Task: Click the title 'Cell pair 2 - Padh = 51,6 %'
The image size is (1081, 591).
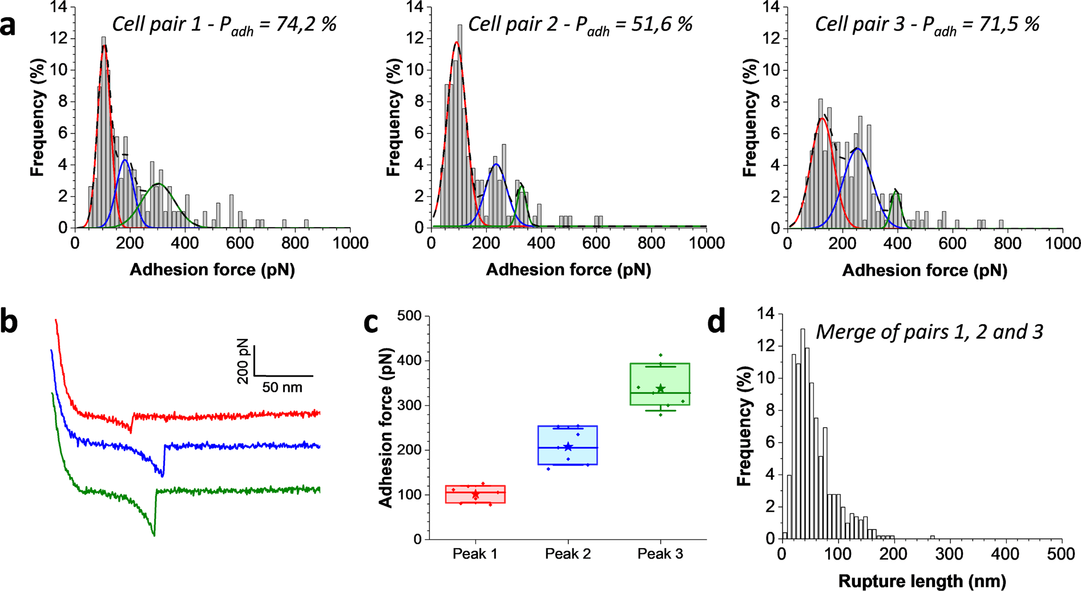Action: [580, 25]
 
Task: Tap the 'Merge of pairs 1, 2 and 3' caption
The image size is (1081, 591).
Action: [929, 331]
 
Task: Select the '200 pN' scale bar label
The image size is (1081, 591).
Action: [243, 361]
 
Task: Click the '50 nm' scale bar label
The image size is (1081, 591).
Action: [282, 388]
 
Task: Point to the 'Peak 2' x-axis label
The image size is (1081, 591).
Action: [567, 554]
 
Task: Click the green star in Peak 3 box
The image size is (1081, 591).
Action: [660, 388]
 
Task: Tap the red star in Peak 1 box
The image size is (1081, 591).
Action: [475, 494]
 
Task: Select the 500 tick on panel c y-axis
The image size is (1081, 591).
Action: [409, 316]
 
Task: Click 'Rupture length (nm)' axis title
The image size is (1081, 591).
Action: [922, 581]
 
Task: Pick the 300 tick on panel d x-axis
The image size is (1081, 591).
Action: [950, 554]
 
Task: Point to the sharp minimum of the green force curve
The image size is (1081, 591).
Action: [154, 535]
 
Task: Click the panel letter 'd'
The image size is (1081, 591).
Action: [716, 322]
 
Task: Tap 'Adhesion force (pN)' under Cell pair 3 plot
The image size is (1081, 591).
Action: [925, 270]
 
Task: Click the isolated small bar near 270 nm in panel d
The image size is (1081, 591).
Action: [932, 537]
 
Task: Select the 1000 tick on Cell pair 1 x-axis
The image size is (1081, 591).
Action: [350, 244]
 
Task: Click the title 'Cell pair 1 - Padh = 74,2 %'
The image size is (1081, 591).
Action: [224, 25]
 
